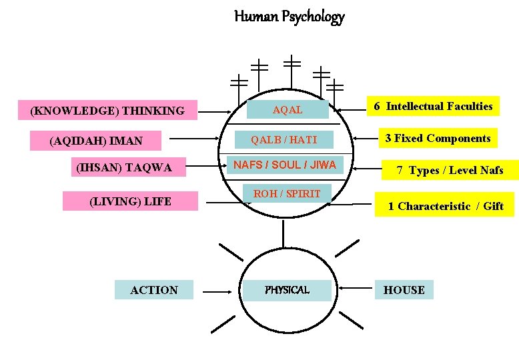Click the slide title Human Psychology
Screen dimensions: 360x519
pos(289,17)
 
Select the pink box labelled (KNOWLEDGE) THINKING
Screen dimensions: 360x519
pos(107,110)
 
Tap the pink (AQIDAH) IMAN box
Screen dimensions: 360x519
pos(97,141)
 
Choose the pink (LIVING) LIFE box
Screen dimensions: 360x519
pos(130,201)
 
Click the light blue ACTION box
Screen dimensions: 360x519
pos(154,290)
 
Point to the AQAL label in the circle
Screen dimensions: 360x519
pos(288,110)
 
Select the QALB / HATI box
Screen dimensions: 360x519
pos(284,140)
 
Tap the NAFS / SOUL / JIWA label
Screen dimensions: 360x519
pos(284,165)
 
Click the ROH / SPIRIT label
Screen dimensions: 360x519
pos(287,194)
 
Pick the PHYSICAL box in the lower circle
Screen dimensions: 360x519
pos(287,290)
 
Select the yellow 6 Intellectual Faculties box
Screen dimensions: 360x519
pos(432,107)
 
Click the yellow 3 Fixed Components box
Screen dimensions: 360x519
pos(438,139)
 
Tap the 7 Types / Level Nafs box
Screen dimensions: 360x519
pos(450,171)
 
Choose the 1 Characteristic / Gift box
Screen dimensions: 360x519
pos(445,206)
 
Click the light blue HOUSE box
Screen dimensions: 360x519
pos(404,290)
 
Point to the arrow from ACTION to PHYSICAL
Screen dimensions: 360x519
pos(217,291)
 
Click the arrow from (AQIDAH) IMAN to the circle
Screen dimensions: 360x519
pos(200,140)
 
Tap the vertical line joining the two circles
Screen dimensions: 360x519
pos(283,234)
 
